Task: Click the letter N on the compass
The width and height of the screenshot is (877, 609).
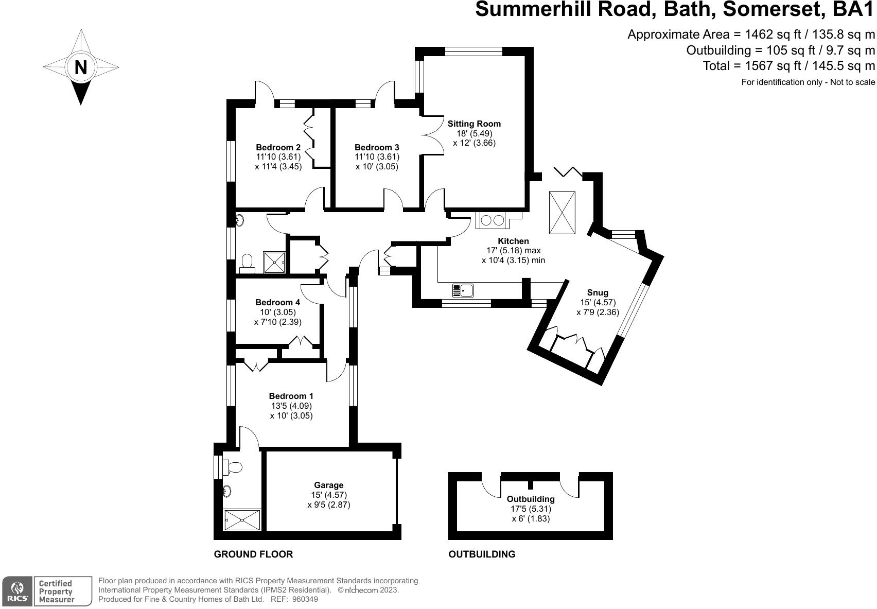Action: (81, 67)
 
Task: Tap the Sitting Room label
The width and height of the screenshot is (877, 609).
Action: (474, 124)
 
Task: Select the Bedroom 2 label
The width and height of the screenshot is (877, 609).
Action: (278, 147)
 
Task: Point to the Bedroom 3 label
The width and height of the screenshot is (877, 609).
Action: (377, 147)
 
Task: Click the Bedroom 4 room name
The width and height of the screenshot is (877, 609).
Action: (277, 302)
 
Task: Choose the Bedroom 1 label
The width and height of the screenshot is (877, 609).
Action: (291, 396)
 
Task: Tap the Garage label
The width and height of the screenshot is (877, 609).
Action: (329, 485)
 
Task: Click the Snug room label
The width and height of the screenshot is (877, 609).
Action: (598, 293)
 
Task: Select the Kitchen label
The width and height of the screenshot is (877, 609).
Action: (513, 241)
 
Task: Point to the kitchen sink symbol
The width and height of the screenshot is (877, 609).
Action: (463, 291)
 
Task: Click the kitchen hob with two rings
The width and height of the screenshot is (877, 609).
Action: (492, 220)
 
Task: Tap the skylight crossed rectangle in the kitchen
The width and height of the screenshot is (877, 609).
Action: (562, 212)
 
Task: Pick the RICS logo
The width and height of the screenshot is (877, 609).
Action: (18, 590)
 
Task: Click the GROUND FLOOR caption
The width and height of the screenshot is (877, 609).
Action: (253, 554)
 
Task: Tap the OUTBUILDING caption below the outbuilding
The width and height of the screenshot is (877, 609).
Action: (482, 554)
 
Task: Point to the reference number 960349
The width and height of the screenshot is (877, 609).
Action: (305, 599)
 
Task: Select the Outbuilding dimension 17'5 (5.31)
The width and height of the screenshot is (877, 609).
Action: (531, 509)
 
